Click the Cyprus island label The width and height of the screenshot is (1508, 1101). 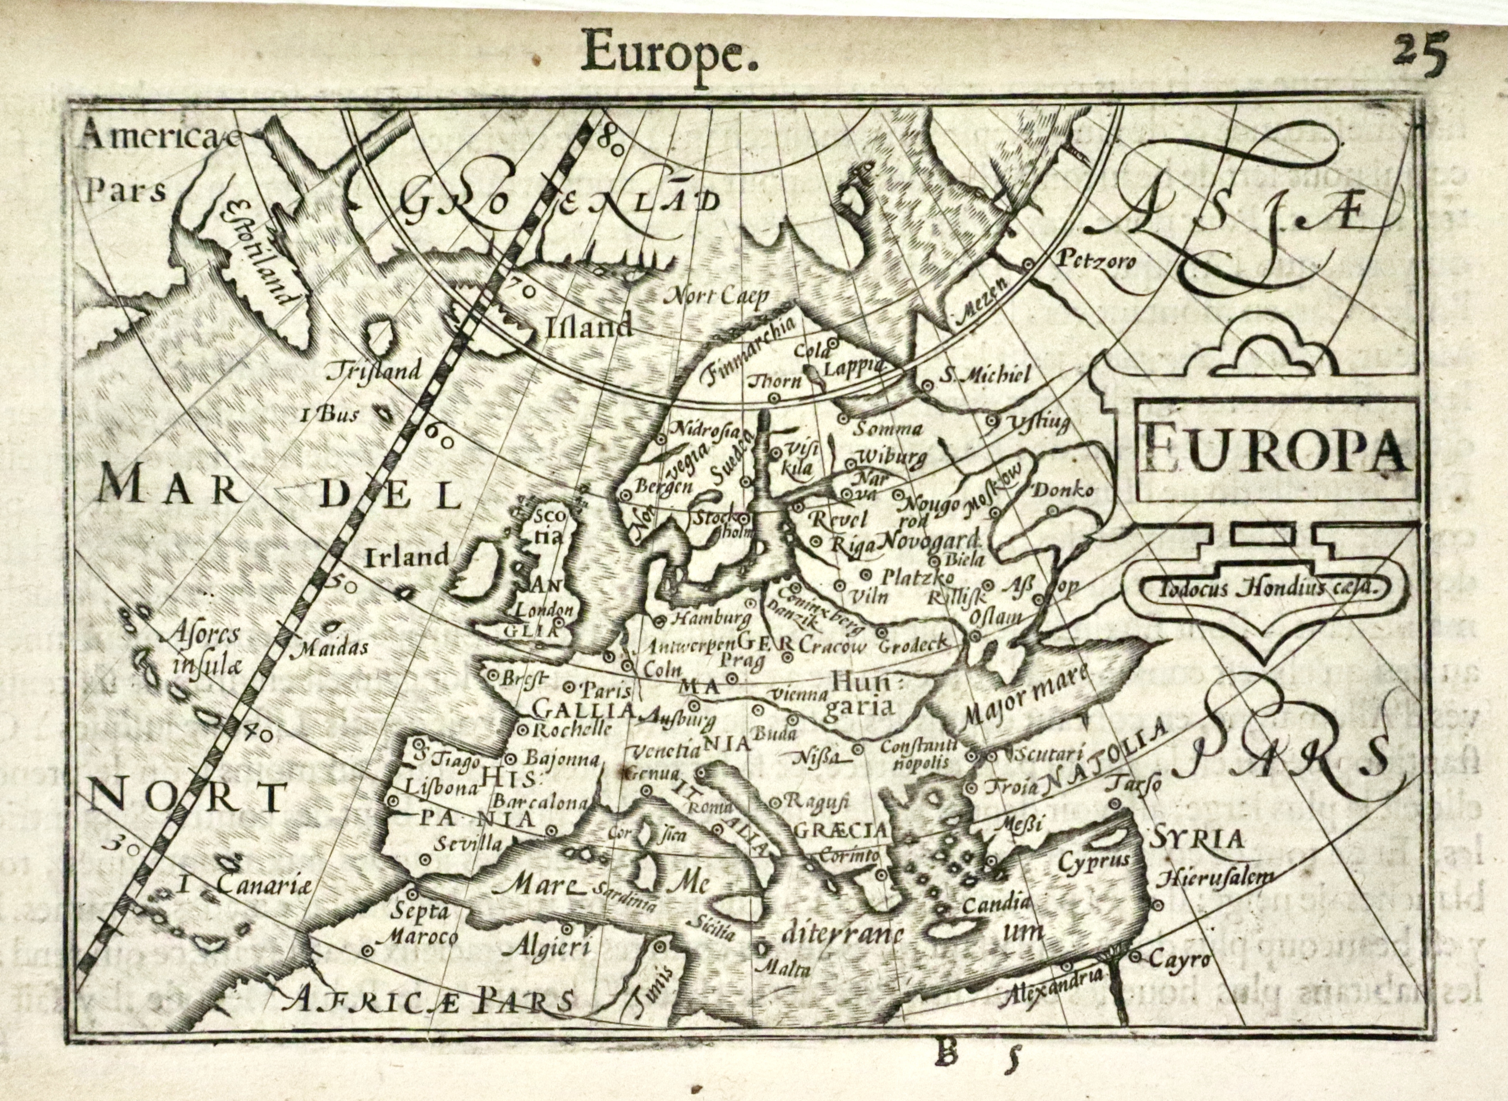1093,860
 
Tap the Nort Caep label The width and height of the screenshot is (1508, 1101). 718,295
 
